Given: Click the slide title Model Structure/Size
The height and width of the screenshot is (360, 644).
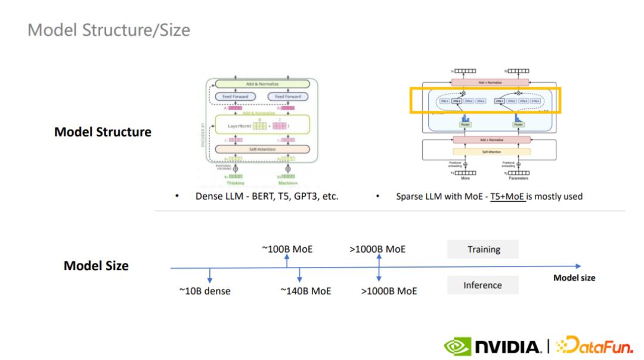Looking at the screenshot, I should point(109,30).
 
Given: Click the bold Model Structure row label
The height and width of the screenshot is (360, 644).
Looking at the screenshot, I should point(103,132).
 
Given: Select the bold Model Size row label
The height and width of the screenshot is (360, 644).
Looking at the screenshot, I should point(96,266).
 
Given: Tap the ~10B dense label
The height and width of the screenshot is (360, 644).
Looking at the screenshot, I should point(205,291).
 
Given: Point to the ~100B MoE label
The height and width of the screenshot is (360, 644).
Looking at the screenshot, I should point(287,249).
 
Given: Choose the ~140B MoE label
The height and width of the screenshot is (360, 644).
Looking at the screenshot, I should point(305,291).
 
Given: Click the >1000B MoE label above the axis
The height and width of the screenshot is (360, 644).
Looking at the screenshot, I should point(377,249).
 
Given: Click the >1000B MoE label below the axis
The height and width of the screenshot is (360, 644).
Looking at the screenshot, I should point(389,291).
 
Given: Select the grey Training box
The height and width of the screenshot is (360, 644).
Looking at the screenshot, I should point(483,249).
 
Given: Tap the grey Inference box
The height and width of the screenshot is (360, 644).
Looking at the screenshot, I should point(482,285).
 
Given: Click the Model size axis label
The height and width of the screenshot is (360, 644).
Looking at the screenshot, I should point(574,278).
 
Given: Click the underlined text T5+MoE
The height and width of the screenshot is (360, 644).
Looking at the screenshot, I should point(507,195).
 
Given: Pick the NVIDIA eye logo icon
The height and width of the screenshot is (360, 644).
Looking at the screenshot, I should point(458,346).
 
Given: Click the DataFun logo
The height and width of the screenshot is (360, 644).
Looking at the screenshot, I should point(594,346).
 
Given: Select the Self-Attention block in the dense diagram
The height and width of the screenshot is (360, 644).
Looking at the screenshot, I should point(262,149).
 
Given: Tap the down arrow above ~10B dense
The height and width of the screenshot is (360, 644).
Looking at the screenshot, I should point(209,275).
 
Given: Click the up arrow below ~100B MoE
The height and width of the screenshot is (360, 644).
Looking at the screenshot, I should point(287,260).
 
